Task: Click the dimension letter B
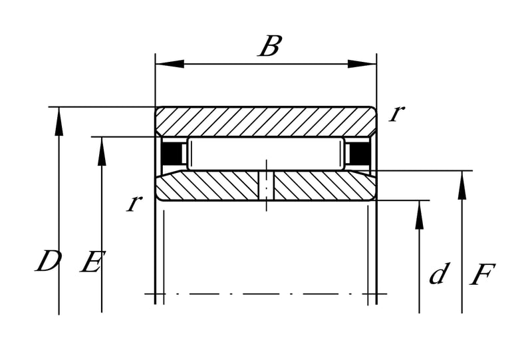click(270, 46)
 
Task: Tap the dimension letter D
click(48, 261)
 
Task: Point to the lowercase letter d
click(440, 273)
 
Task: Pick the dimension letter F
click(483, 273)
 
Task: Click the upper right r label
click(396, 113)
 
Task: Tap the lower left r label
click(134, 204)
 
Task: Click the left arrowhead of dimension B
click(170, 64)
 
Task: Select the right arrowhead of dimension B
click(362, 64)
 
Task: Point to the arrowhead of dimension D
click(59, 121)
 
